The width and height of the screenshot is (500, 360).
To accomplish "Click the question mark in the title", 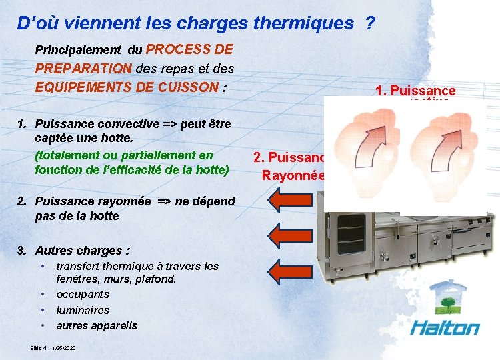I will pyautogui.click(x=369, y=23).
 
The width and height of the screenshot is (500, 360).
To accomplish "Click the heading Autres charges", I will pyautogui.click(x=82, y=251).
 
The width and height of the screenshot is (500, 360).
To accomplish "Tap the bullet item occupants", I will pyautogui.click(x=83, y=295).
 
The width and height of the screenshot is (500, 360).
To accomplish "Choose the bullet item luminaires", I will pyautogui.click(x=83, y=310).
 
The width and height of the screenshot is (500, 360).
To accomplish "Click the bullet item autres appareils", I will pyautogui.click(x=97, y=325).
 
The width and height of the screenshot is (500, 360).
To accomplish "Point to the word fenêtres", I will pyautogui.click(x=79, y=279).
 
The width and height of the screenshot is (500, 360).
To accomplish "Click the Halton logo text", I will pyautogui.click(x=445, y=328).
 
